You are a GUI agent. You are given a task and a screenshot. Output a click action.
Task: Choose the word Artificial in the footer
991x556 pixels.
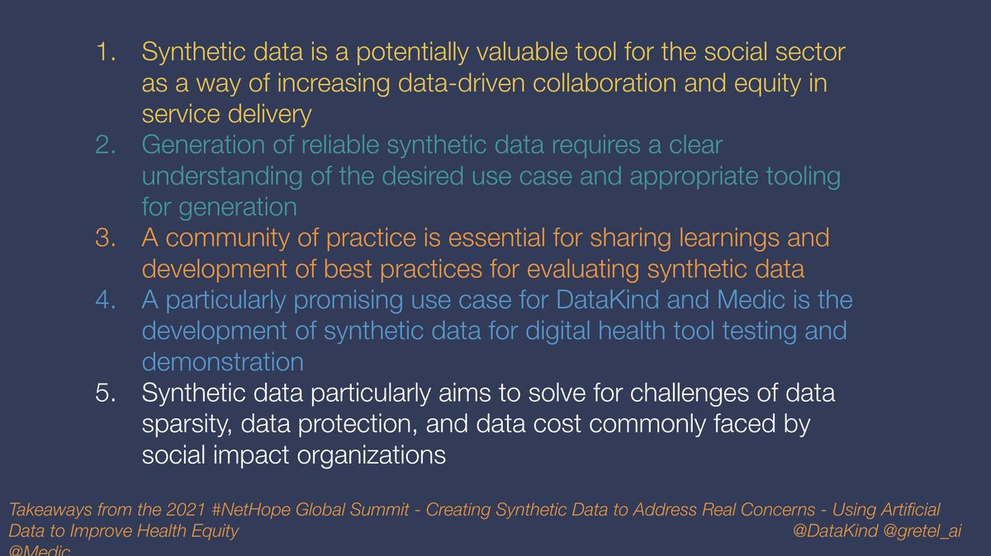(x=907, y=511)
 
